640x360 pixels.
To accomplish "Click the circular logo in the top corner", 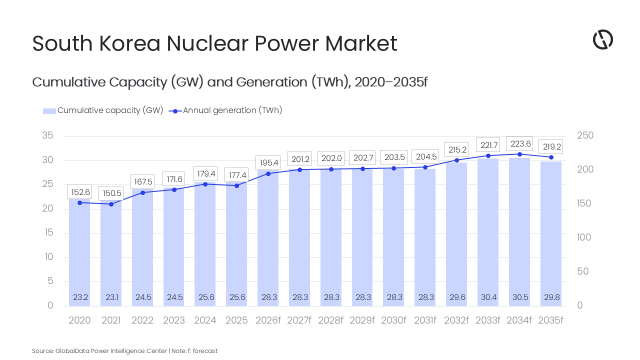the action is coord(603,39).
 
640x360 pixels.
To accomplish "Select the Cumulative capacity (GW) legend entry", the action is coord(103,110).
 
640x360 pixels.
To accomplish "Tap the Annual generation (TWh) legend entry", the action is coord(225,110).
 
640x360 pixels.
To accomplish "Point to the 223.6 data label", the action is coord(519,143).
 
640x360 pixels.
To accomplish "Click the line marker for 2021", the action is coord(111,204).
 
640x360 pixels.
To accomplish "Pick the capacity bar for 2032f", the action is coord(456,234).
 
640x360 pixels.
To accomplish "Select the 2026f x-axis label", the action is coord(267,320).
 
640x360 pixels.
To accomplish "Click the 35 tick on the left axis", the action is coord(47,135).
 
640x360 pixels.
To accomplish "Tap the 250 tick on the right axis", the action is coord(585,135).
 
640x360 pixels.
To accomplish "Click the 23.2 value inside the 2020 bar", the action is coord(80,297).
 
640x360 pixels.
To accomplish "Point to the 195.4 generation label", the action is coord(268,162).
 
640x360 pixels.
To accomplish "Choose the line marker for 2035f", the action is coord(551,157).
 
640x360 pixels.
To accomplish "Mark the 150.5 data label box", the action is coord(111,193).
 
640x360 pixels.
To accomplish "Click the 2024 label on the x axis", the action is coord(205,320).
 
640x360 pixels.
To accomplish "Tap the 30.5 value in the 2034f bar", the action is coord(520,297).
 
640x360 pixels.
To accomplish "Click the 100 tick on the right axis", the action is coord(583,237).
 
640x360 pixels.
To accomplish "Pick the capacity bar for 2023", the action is coord(173,247).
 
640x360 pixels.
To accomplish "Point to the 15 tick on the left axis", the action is coord(49,232).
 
